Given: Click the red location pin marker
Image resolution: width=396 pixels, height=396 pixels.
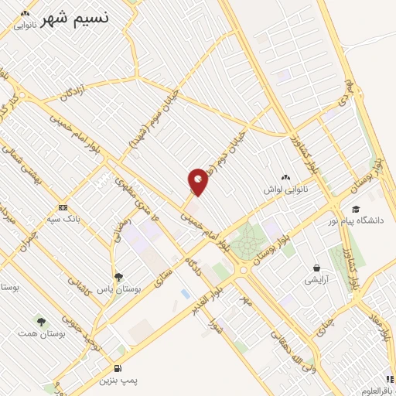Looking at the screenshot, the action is coord(198,182).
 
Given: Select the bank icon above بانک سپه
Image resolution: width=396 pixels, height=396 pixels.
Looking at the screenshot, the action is coord(63,207).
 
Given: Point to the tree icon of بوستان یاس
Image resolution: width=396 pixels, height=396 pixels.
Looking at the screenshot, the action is coord(118,276).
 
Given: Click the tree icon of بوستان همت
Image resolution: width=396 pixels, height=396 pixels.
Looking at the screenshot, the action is coord(40,321).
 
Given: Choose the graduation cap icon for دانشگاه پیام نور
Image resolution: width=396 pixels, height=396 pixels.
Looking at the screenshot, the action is coord(356,209).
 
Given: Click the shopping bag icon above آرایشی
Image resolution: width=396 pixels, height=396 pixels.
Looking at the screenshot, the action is coord(316,267).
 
